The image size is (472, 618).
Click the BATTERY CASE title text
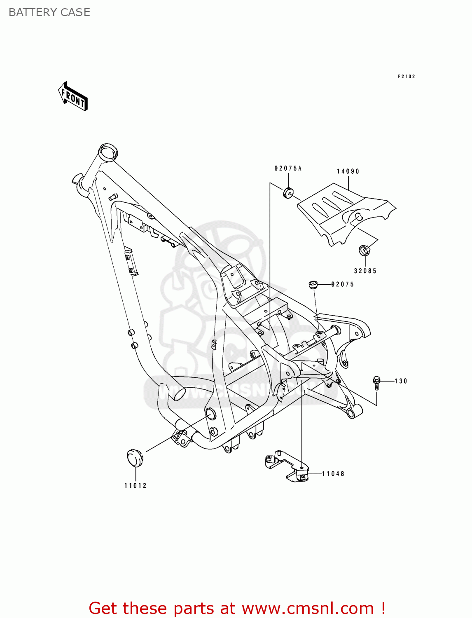[49, 12]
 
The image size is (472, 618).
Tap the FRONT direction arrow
[73, 96]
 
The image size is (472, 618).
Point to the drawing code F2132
[406, 77]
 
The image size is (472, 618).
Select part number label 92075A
[288, 168]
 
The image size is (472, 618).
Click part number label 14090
[348, 171]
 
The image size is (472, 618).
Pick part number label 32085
[365, 271]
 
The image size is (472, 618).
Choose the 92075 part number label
[343, 284]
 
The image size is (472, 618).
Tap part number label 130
[401, 381]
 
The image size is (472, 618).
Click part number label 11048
[333, 474]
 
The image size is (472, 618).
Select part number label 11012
[136, 485]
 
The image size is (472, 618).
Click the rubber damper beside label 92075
[313, 284]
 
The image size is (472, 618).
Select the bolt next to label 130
[376, 382]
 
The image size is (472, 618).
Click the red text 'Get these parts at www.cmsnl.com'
[237, 608]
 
